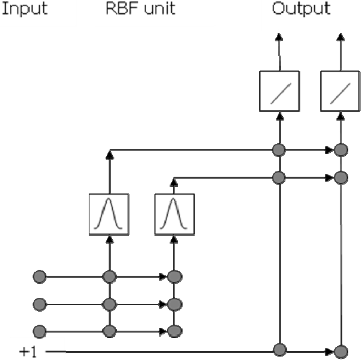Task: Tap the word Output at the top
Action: point(301,9)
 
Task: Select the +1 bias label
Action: point(27,352)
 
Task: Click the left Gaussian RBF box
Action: point(109,214)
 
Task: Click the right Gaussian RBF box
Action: point(174,214)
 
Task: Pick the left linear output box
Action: point(280,91)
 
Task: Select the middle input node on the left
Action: point(39,304)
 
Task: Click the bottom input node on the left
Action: point(39,331)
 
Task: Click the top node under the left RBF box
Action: point(109,276)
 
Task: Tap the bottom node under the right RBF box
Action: point(174,331)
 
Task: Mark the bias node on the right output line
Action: point(341,352)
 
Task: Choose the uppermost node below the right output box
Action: point(341,150)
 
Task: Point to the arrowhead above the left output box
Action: point(280,37)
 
